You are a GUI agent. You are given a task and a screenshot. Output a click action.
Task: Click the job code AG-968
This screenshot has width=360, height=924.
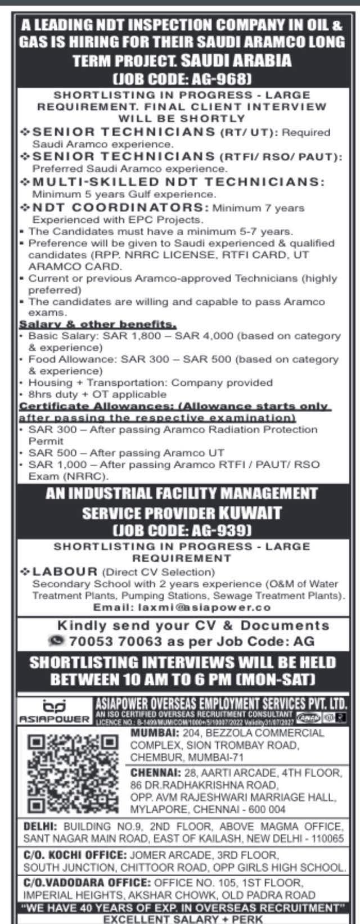181,78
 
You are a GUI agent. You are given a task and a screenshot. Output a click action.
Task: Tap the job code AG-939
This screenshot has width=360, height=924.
181,530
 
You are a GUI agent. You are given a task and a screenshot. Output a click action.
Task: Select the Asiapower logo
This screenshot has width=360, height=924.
55,711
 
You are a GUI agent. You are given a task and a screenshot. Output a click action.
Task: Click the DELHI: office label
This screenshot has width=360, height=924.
40,826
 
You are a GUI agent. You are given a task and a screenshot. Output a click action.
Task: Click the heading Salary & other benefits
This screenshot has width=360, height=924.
98,324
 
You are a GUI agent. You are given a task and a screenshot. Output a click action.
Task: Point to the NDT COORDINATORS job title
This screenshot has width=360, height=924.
120,208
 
